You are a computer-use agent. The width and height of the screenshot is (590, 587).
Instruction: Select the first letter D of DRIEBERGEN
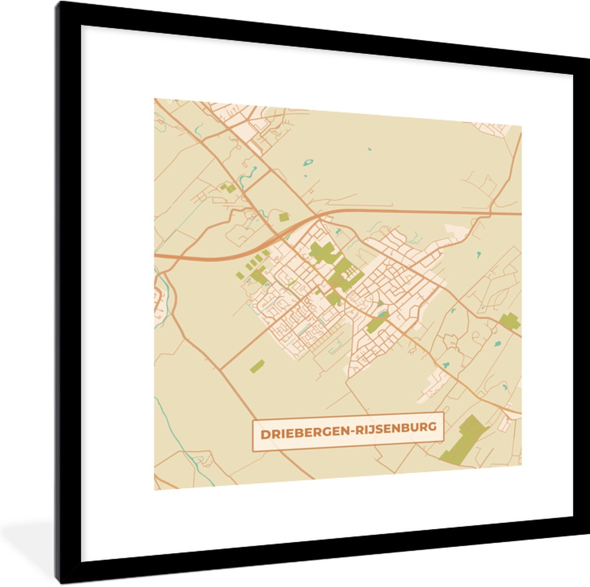pos(264,435)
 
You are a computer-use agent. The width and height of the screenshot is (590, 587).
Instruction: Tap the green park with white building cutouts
pos(346,274)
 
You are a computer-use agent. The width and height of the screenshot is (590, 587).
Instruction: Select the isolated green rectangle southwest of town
pos(257,366)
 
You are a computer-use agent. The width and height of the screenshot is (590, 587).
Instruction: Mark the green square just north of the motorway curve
pos(283,216)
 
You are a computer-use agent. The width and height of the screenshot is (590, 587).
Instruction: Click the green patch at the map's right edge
pos(510,321)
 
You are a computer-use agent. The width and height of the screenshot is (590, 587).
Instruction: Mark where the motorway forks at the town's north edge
pos(319,216)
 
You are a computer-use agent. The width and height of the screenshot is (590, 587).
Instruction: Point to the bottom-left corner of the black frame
pos(58,584)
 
